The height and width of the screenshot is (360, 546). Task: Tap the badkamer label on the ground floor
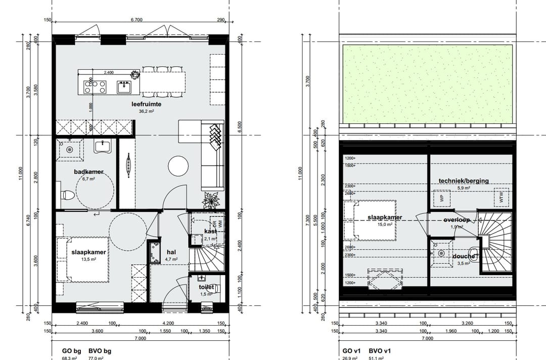(85, 172)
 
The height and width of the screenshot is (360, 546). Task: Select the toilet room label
(207, 287)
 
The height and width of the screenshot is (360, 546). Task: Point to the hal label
(171, 252)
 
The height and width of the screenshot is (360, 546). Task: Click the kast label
(210, 231)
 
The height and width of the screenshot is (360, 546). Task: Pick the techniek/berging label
(464, 181)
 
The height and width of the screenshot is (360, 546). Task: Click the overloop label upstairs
(457, 220)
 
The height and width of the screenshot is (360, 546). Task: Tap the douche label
(464, 256)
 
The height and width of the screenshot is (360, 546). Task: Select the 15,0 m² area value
(385, 224)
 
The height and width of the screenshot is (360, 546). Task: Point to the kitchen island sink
(124, 87)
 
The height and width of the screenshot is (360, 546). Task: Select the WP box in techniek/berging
(440, 198)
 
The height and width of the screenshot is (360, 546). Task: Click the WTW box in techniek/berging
(501, 198)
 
